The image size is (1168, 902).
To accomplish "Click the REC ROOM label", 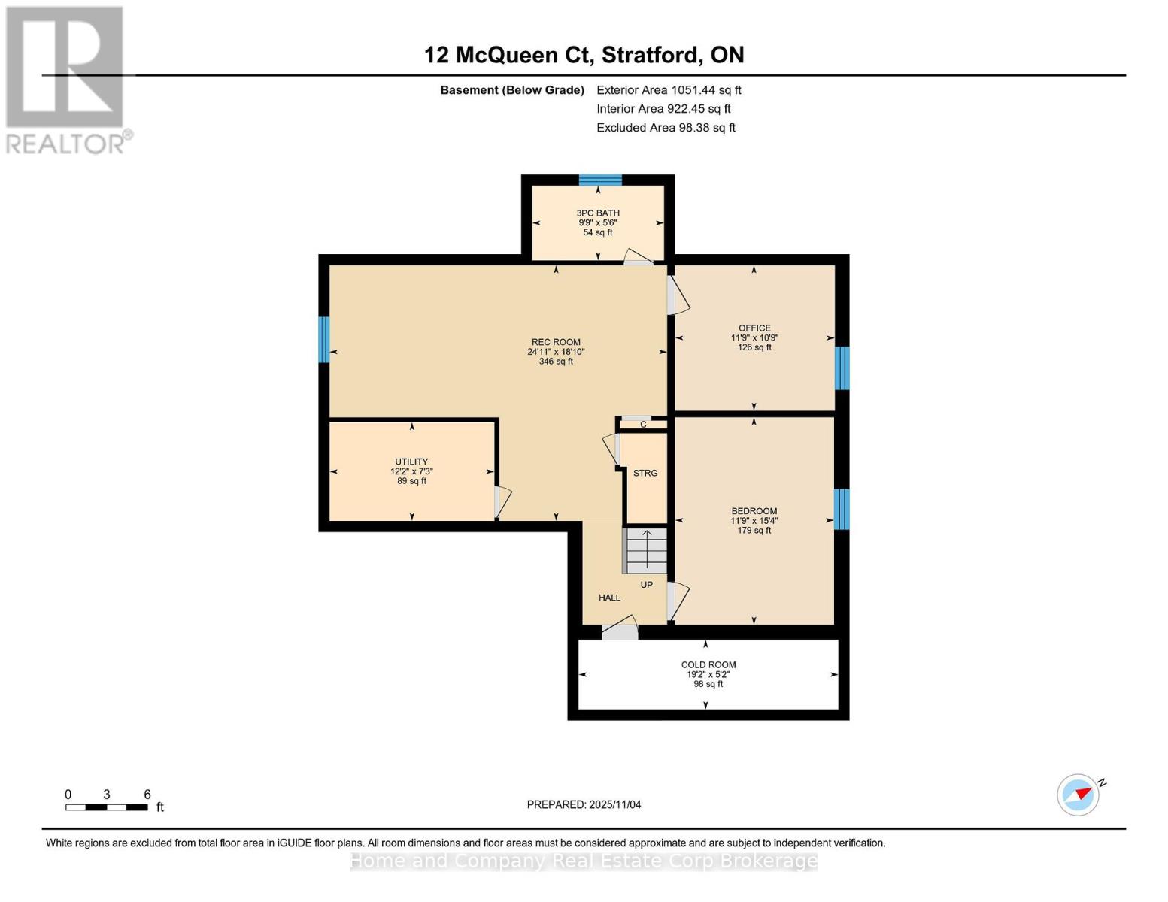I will point(556,342).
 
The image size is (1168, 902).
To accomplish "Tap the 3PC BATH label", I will point(598,213).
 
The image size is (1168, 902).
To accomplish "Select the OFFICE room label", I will point(754,328).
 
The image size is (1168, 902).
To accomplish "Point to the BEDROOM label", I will point(754,511).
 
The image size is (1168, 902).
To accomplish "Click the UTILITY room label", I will point(411,462).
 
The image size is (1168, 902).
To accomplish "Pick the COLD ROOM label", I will point(708,665).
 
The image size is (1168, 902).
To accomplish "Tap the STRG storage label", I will point(645,474).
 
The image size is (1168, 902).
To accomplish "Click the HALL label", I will point(609,598).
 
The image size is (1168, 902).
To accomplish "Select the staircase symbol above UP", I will point(645,551).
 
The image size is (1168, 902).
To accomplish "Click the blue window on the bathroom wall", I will point(600,180).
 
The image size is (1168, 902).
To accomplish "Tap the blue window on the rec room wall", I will point(324,340).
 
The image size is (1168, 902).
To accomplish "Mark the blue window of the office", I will point(842,368).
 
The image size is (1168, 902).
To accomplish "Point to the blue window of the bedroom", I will point(842,509).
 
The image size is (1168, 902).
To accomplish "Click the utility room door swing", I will point(502,502).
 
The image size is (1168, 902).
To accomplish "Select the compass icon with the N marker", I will point(1079,795).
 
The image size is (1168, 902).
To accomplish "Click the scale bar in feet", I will point(106,807).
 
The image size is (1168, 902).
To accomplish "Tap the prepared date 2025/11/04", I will point(584,805).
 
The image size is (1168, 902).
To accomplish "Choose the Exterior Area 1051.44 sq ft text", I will point(669,90).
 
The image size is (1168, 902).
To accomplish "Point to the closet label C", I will point(643,425).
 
